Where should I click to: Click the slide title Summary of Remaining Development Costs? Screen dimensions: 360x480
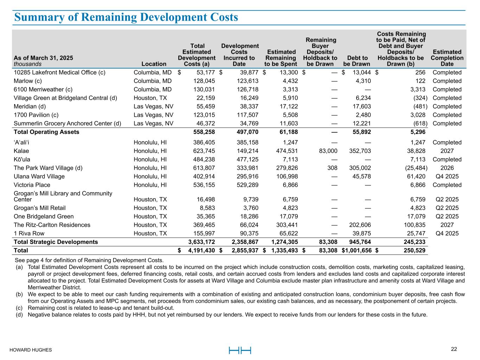click(126, 17)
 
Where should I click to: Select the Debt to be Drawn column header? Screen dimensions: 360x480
click(357, 61)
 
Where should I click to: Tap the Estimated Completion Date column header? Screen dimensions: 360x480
click(447, 58)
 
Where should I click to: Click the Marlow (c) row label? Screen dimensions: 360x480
click(28, 81)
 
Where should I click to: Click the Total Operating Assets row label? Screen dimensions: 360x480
click(46, 132)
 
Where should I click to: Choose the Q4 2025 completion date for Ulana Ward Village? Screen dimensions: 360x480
click(447, 176)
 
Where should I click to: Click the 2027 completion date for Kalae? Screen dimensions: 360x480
click(447, 151)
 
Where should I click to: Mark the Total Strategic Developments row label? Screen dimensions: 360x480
click(56, 242)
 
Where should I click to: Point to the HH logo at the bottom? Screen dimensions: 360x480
click(240, 350)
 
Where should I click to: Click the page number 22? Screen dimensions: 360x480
click(454, 349)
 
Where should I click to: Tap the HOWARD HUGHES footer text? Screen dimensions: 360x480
click(31, 350)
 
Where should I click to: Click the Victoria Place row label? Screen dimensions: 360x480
click(32, 185)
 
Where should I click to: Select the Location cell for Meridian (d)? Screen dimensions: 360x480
click(154, 107)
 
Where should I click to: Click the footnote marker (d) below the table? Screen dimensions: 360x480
click(19, 315)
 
